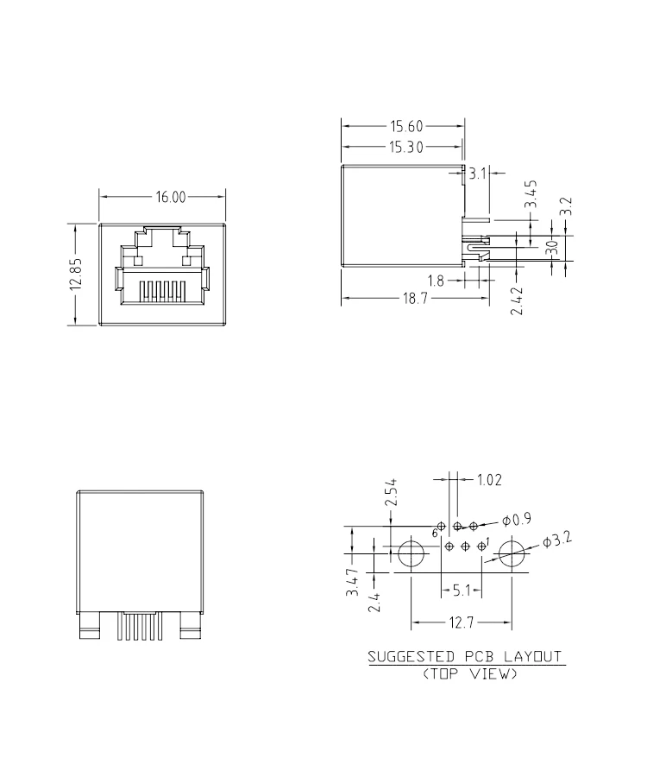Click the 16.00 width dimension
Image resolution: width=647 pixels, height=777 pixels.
pyautogui.click(x=171, y=198)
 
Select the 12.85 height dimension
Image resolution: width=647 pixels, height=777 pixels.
pyautogui.click(x=76, y=275)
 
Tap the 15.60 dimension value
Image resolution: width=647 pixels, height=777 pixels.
pyautogui.click(x=405, y=126)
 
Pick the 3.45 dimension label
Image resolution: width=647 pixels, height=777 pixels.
pyautogui.click(x=532, y=195)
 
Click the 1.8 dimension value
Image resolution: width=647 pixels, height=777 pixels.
pyautogui.click(x=436, y=281)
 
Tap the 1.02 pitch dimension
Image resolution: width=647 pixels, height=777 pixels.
pyautogui.click(x=487, y=479)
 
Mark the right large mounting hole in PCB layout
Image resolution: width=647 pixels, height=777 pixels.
pyautogui.click(x=512, y=553)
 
